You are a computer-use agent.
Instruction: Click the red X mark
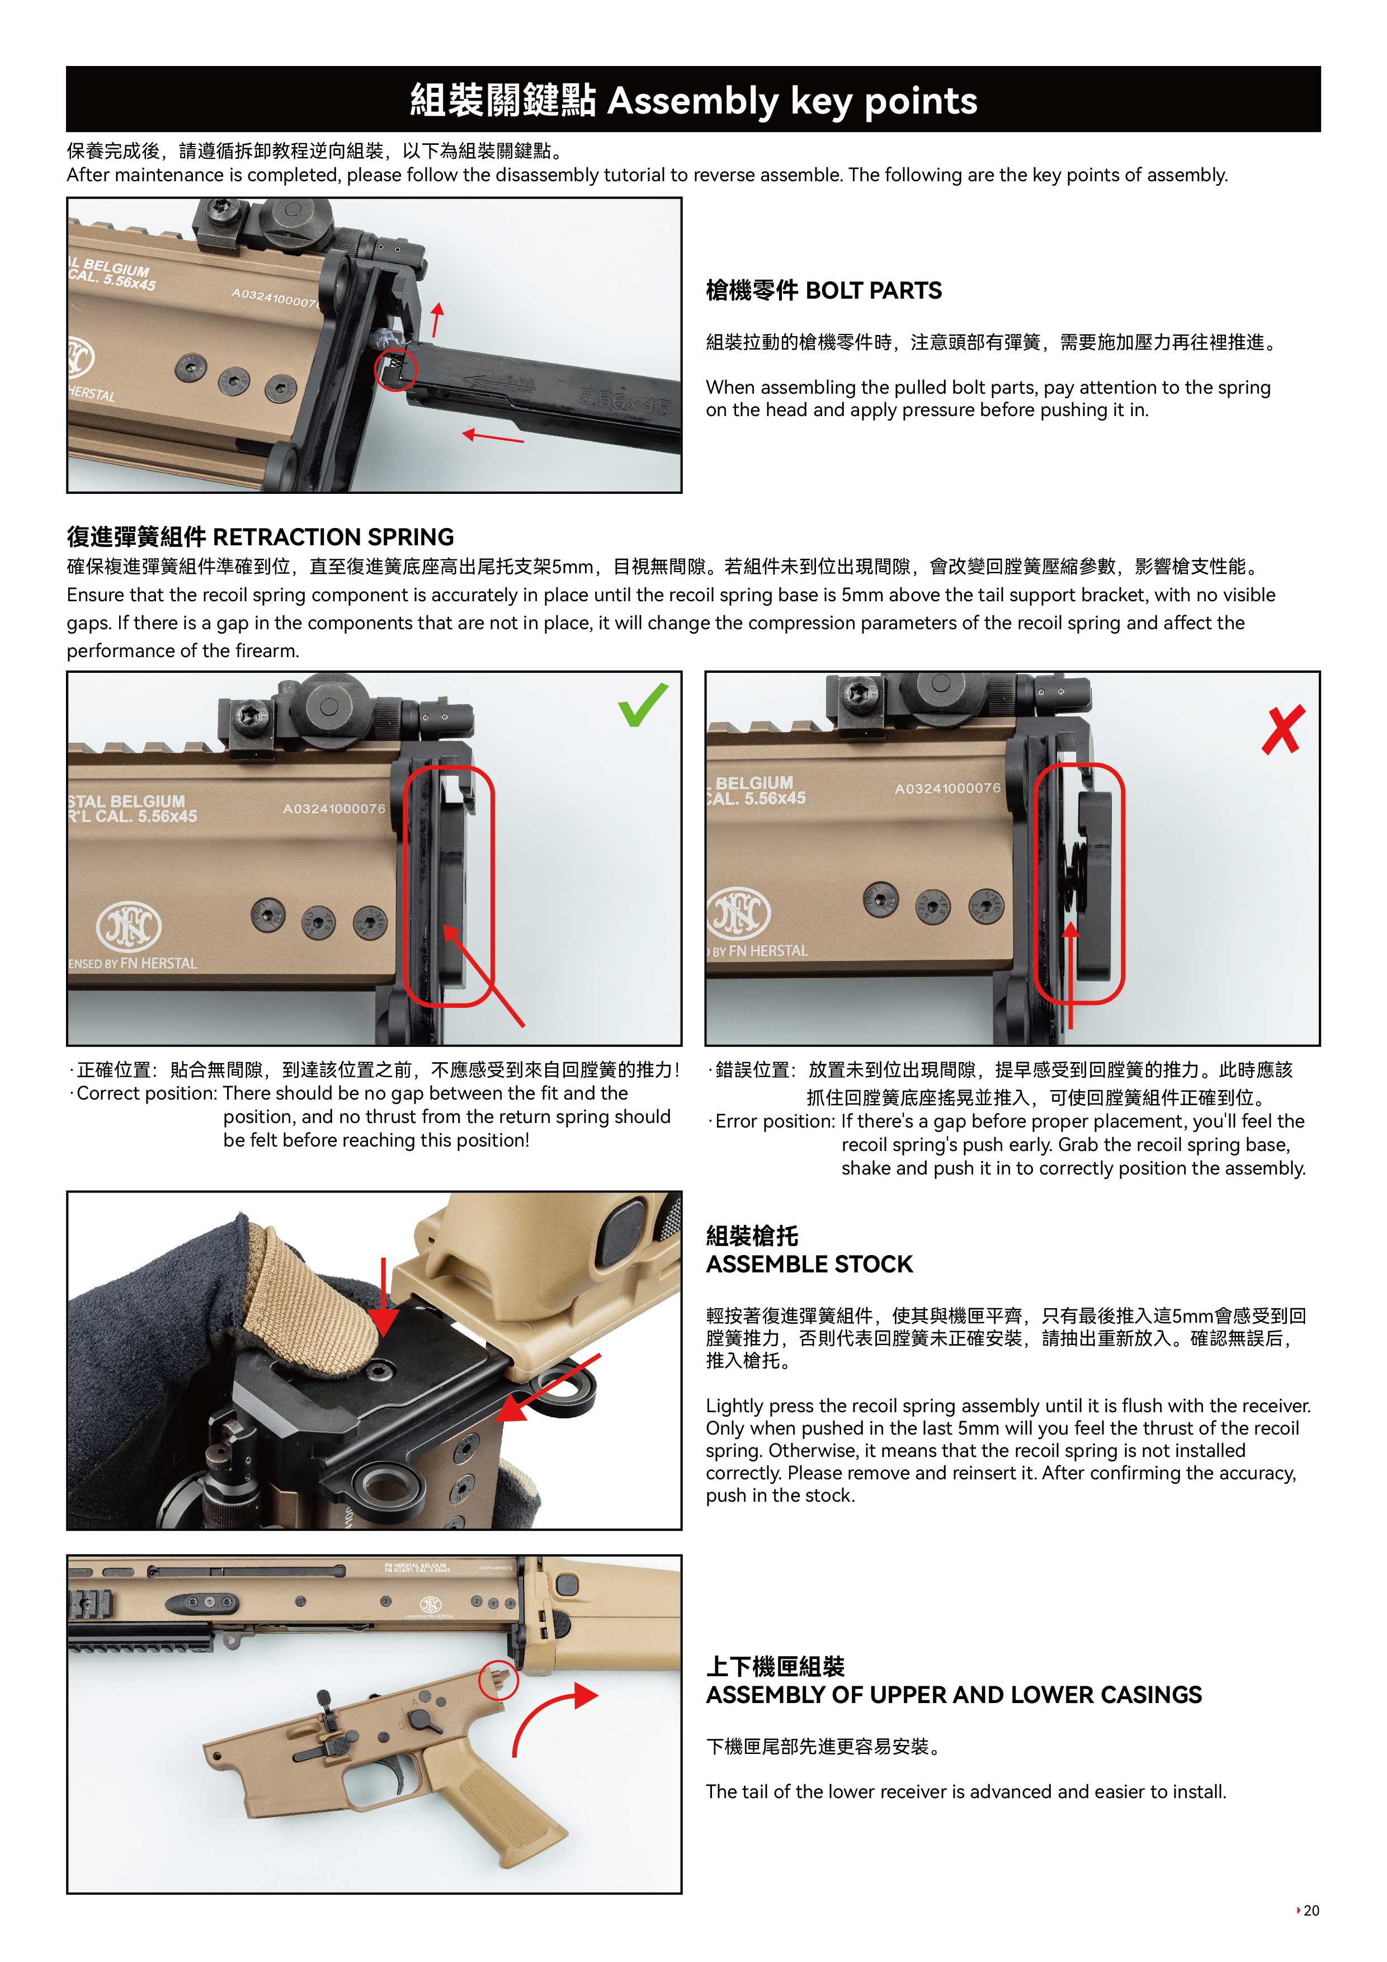coord(1283,730)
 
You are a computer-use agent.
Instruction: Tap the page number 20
coord(1312,1910)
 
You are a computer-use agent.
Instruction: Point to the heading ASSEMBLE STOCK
coord(809,1264)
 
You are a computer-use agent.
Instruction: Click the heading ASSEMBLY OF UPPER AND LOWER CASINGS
coord(954,1695)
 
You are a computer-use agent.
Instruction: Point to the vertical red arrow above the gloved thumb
coord(384,1296)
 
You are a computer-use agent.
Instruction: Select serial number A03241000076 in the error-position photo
coord(947,788)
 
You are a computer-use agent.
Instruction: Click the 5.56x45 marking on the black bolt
coord(624,400)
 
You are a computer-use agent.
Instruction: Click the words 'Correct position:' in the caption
coord(147,1094)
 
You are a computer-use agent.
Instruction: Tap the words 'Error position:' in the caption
coord(775,1121)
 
